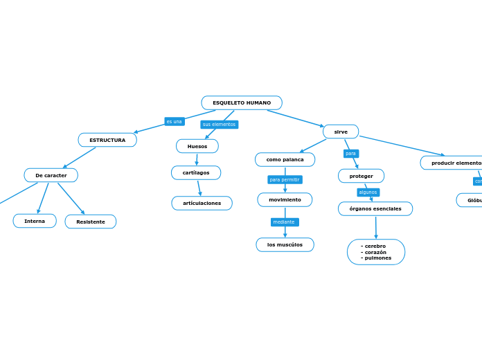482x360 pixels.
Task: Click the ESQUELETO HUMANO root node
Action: tap(242, 103)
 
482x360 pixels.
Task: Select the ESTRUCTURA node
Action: tap(107, 140)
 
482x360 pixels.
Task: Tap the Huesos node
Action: tap(197, 146)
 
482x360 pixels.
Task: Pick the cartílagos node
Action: tap(196, 172)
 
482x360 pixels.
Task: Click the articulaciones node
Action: tap(202, 203)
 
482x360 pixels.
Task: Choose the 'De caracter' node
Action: tap(51, 175)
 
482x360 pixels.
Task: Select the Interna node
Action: tap(35, 221)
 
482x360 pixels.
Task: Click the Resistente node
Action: tap(91, 222)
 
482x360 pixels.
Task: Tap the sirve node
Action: tap(341, 132)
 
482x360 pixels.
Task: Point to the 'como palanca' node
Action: tap(285, 160)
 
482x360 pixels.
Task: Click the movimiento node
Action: tap(285, 199)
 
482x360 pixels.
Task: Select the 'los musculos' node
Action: tap(285, 244)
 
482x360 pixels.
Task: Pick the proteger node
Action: tap(361, 176)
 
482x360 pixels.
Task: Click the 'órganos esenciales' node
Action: tap(375, 208)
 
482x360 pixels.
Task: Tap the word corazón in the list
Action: tap(375, 252)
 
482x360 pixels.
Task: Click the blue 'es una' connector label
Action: tap(175, 122)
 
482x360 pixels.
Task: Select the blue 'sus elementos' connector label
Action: tap(219, 125)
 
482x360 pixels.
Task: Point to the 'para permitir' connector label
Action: tap(285, 180)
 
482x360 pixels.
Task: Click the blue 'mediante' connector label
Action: tap(284, 222)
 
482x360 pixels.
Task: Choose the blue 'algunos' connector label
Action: tap(368, 192)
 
